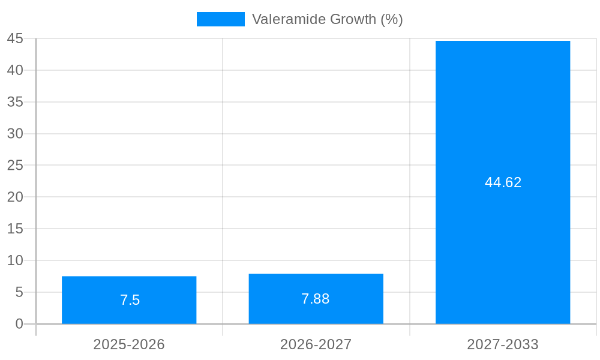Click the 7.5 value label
[130, 300]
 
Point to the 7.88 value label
[316, 299]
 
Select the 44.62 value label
[503, 182]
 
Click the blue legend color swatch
[221, 19]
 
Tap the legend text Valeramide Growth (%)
[327, 19]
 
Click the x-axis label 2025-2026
[129, 344]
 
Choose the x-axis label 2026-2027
[316, 344]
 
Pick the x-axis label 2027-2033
[503, 344]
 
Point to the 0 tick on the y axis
[19, 324]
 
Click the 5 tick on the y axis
[19, 292]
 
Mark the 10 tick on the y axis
[15, 260]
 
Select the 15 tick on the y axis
[15, 229]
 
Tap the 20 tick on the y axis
[15, 197]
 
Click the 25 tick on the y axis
[15, 165]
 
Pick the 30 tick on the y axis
[15, 134]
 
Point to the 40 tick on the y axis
[15, 70]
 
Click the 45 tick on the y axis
[15, 38]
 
